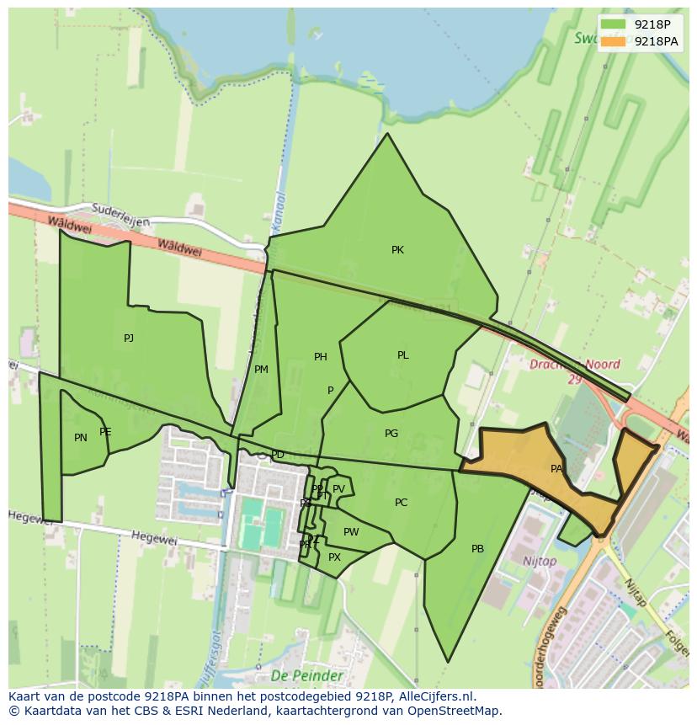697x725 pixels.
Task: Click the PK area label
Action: tap(397, 250)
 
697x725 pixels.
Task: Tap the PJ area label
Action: tap(129, 339)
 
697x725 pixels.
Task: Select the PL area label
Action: tap(402, 355)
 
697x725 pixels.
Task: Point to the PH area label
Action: tap(320, 357)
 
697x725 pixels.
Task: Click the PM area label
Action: tap(261, 370)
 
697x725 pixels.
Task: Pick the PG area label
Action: tap(391, 434)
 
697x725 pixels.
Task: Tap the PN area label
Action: tap(81, 438)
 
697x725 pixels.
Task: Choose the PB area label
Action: tap(477, 549)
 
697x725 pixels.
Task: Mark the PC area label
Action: tap(401, 503)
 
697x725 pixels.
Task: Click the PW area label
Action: tap(351, 532)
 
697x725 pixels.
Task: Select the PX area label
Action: tap(334, 557)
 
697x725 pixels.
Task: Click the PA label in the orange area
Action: tap(556, 469)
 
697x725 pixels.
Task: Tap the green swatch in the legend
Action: tap(614, 24)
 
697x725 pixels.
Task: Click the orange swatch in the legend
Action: tap(614, 41)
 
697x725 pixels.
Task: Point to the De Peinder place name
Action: tap(306, 675)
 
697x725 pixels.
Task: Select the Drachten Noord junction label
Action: tap(575, 365)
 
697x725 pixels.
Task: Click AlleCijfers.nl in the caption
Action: tap(437, 696)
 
